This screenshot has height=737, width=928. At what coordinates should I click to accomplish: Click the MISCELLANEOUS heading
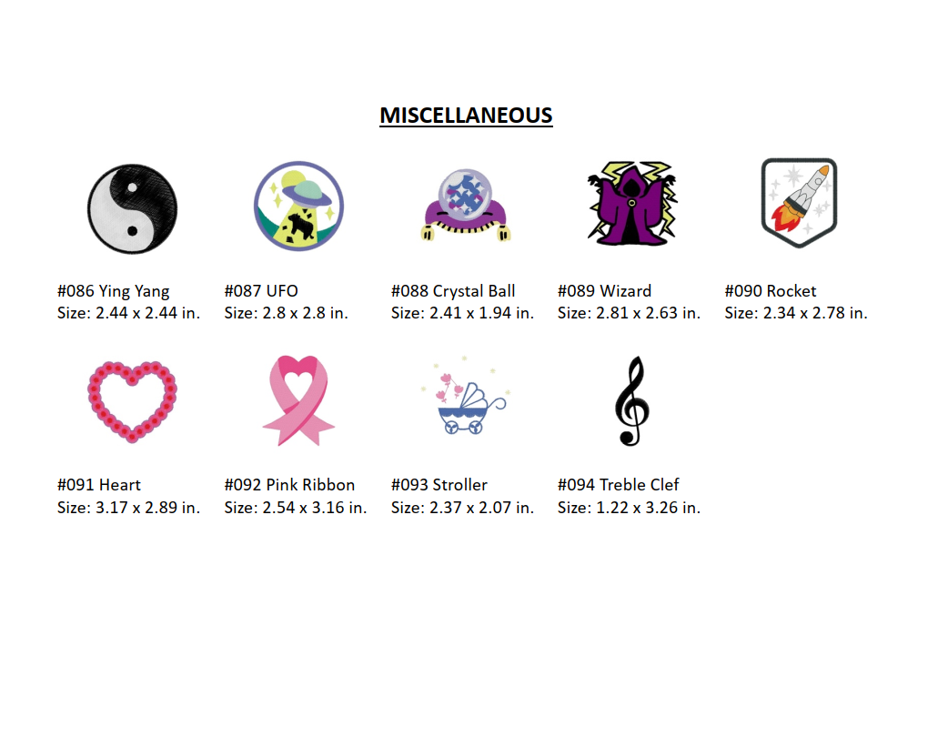(x=466, y=115)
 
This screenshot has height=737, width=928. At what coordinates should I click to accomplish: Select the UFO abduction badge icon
(x=299, y=206)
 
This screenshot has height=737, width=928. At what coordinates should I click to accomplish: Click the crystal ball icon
(x=466, y=205)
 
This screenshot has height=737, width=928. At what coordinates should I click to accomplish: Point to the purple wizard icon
(x=632, y=203)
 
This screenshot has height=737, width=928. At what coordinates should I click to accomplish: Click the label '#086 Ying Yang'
(x=113, y=291)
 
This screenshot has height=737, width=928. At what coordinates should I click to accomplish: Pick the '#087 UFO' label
(x=261, y=291)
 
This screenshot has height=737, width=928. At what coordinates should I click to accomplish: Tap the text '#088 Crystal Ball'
(x=453, y=291)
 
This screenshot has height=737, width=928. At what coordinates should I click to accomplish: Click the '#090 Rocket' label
(x=770, y=291)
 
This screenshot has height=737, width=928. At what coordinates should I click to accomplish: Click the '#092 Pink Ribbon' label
(x=289, y=485)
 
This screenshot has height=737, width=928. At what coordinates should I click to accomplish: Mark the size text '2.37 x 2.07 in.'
(x=482, y=508)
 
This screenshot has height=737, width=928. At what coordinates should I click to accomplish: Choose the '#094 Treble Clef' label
(x=618, y=485)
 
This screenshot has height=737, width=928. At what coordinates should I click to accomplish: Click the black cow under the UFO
(x=299, y=225)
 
